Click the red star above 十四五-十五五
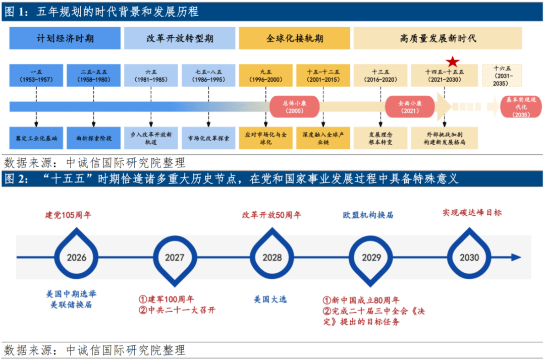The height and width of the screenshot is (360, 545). tap(453, 62)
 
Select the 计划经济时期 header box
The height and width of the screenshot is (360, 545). tap(65, 38)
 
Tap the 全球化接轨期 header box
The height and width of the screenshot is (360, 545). tap(295, 38)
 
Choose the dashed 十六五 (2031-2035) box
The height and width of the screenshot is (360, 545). tap(502, 76)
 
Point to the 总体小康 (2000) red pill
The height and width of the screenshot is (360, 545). tap(292, 107)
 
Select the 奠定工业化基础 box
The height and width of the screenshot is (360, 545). tap(36, 138)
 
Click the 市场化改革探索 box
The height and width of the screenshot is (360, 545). tap(208, 138)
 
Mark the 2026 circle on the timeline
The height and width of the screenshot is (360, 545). tap(77, 257)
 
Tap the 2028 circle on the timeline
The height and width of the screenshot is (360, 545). tap(272, 257)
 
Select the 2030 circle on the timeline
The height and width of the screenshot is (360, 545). tap(469, 257)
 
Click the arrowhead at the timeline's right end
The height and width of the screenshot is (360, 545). tap(516, 257)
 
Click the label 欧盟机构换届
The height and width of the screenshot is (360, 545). tap(368, 215)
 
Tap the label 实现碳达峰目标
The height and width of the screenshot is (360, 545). tap(472, 213)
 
